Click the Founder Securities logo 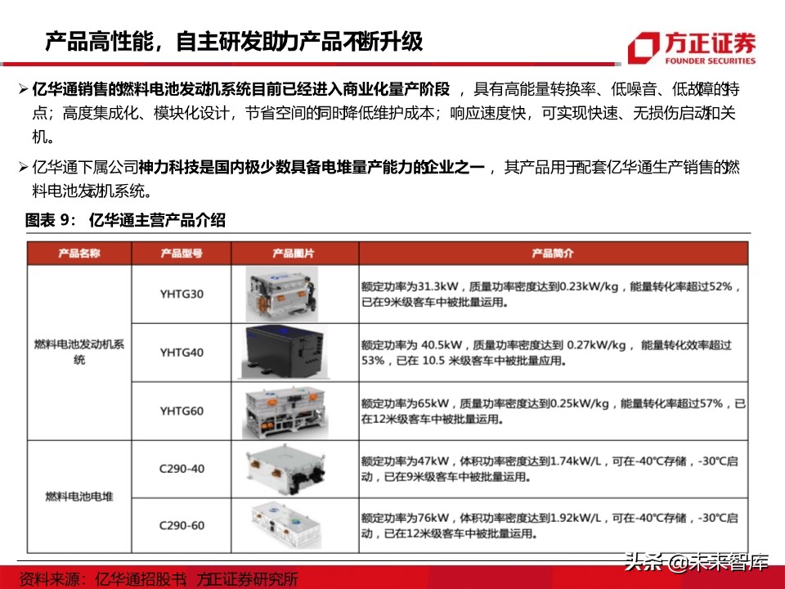click(692, 47)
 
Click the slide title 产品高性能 click(234, 41)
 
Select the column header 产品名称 click(79, 254)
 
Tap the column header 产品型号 click(182, 254)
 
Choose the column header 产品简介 click(553, 254)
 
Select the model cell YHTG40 click(182, 353)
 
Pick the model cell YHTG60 click(182, 411)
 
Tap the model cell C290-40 click(182, 469)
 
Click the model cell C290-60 click(182, 524)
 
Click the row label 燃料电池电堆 click(79, 497)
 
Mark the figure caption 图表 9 click(125, 220)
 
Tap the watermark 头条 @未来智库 click(696, 562)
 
